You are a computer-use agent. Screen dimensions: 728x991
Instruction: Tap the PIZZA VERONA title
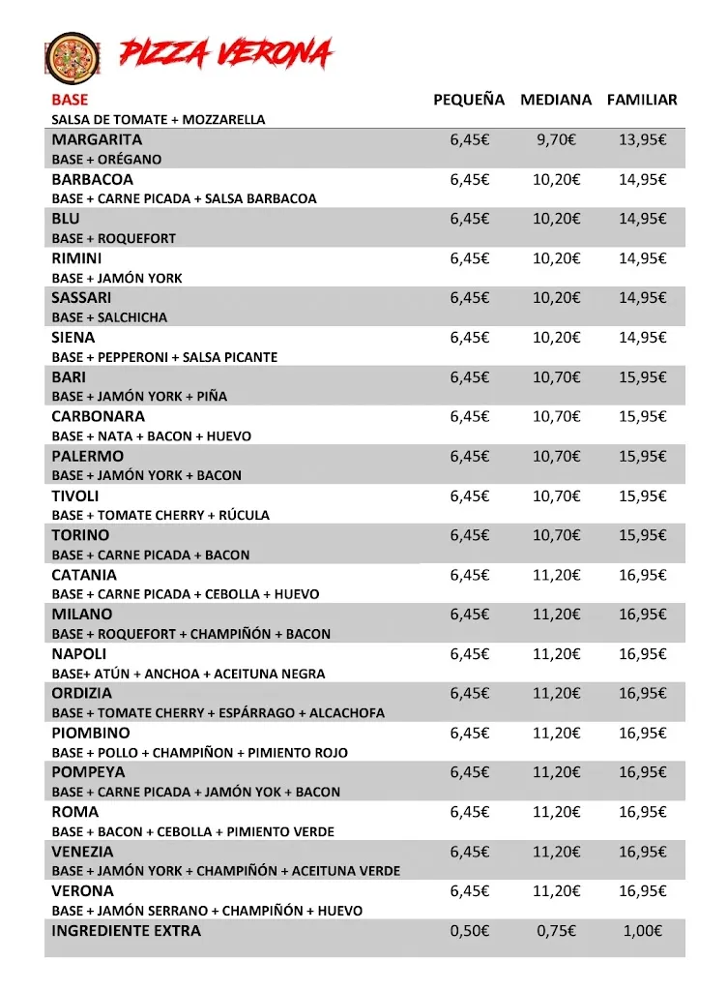tap(226, 54)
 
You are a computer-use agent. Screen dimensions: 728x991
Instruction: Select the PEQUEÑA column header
tap(469, 100)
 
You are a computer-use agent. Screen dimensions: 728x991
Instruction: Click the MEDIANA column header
tap(556, 100)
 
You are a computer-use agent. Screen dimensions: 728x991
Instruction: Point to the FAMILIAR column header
tap(642, 100)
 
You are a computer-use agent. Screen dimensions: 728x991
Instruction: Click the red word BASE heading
tap(70, 100)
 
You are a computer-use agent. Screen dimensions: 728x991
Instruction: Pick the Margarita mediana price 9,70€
tap(556, 139)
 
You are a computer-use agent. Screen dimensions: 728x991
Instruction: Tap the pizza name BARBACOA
tap(93, 179)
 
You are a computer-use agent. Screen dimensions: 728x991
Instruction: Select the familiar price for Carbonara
tap(642, 417)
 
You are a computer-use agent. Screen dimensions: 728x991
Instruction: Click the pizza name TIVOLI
tap(75, 495)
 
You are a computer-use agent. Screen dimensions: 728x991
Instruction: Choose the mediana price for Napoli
tap(556, 654)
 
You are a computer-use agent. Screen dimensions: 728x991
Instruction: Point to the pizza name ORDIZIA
tap(82, 694)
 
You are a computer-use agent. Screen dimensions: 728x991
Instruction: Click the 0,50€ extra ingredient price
tap(469, 931)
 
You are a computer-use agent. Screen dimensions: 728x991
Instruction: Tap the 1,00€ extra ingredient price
tap(642, 931)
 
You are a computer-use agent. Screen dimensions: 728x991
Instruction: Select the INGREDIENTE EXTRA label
tap(127, 931)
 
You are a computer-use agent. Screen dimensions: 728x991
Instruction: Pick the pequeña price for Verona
tap(469, 891)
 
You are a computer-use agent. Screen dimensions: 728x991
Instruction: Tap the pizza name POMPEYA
tap(88, 772)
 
